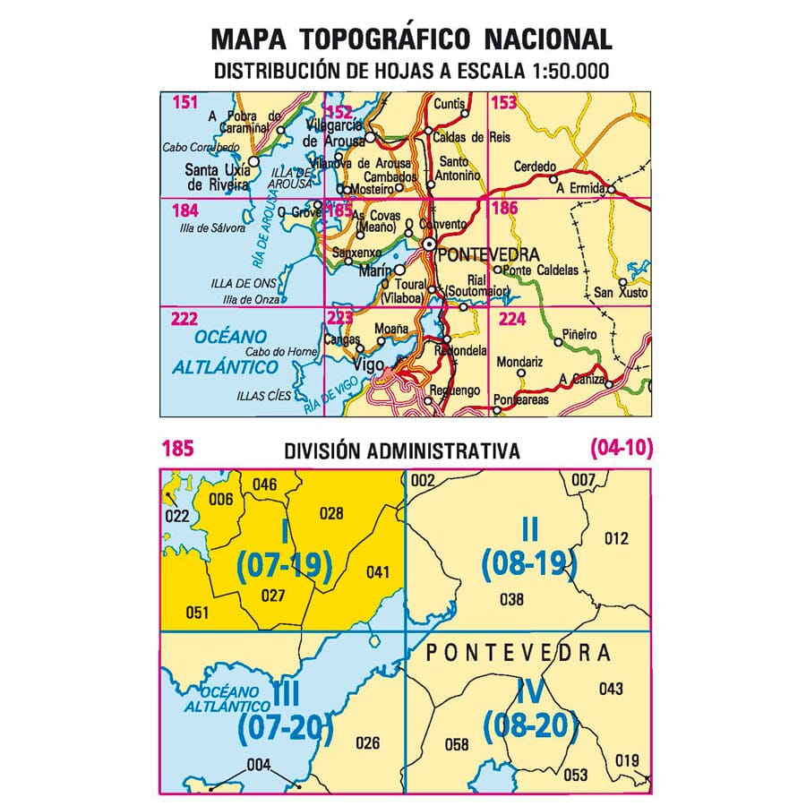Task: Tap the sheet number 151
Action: [x=184, y=103]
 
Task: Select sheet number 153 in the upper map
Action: [x=504, y=103]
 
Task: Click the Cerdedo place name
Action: [x=535, y=167]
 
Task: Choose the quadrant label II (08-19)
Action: [x=529, y=546]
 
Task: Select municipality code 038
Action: [x=511, y=599]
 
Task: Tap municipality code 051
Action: [x=196, y=613]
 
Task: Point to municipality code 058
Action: [x=457, y=744]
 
